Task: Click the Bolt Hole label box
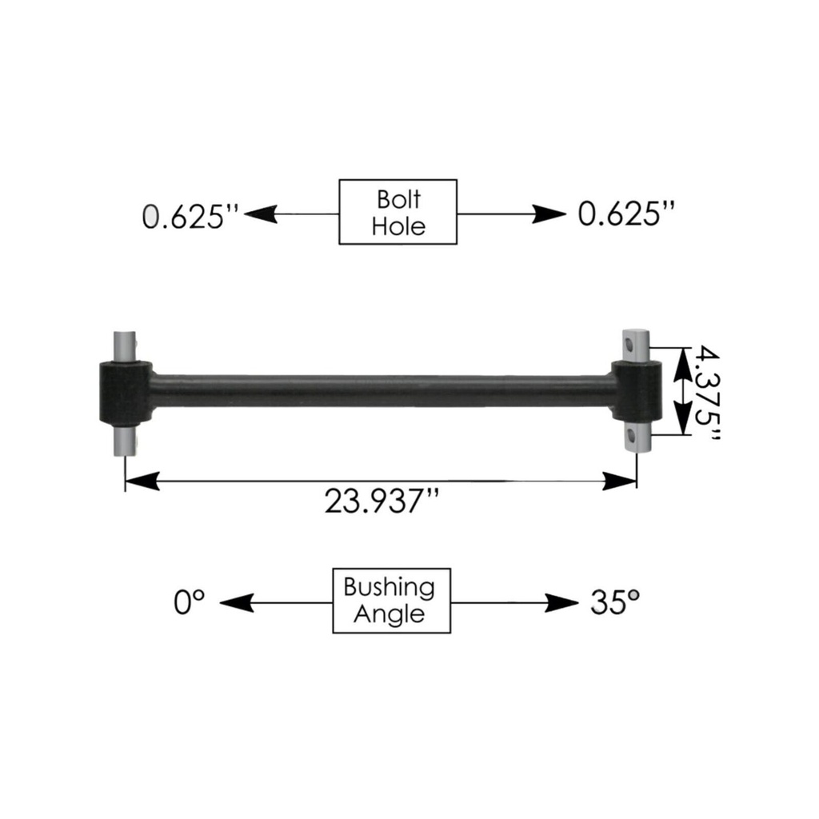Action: [398, 212]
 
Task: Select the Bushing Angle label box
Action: [392, 601]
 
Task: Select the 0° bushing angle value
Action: [190, 602]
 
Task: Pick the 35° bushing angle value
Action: [614, 602]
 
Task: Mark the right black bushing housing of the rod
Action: [637, 391]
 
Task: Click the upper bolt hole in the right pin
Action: [632, 345]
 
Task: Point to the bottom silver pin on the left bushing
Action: [125, 440]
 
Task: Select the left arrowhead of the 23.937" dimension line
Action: [143, 481]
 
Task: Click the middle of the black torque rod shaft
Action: [382, 390]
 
